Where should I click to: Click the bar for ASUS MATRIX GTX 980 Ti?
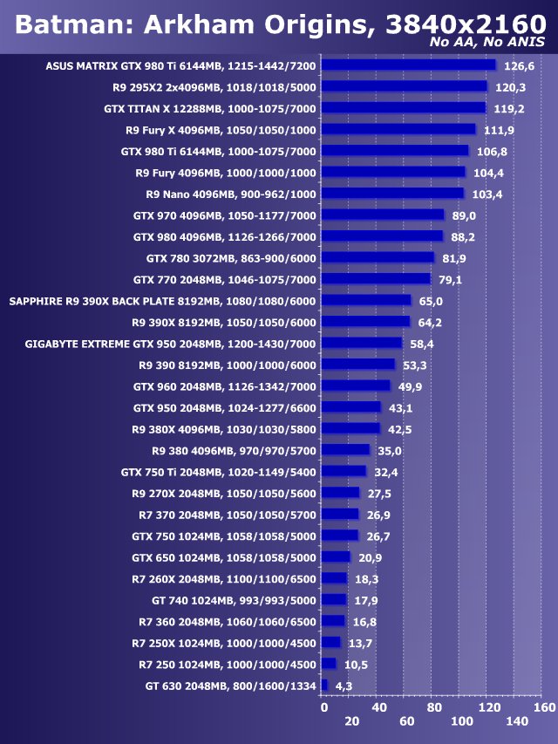[408, 65]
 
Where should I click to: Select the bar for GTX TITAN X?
[403, 108]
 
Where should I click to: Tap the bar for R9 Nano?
[392, 194]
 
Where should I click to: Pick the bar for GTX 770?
[376, 279]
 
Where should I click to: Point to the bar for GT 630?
[324, 686]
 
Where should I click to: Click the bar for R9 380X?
[350, 429]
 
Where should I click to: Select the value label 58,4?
[424, 344]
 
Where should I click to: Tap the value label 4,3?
[344, 686]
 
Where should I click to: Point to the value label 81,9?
[454, 258]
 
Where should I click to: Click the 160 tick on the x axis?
[544, 706]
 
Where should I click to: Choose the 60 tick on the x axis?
[407, 722]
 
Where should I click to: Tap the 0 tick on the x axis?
[324, 706]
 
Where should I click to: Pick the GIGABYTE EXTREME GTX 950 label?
[171, 344]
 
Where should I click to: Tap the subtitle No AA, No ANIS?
[490, 43]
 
